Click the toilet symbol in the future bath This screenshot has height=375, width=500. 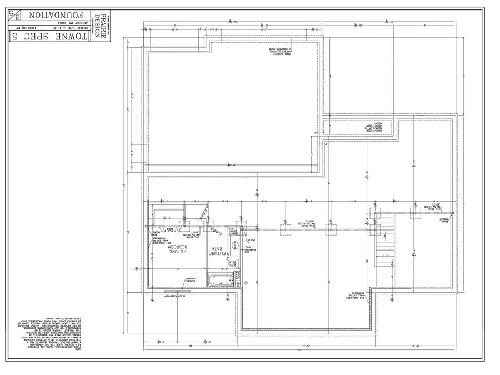(x=234, y=263)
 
